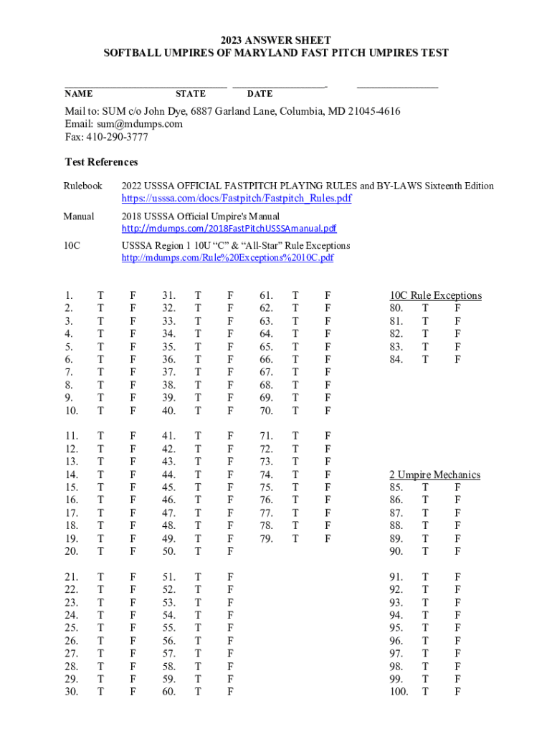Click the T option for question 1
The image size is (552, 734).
pyautogui.click(x=100, y=295)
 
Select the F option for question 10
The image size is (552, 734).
pyautogui.click(x=132, y=411)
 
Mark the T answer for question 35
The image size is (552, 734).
pyautogui.click(x=198, y=346)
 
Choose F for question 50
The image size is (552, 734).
pyautogui.click(x=230, y=551)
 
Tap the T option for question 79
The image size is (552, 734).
pyautogui.click(x=295, y=538)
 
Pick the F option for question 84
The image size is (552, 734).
pyautogui.click(x=458, y=359)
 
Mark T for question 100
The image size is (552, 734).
pyautogui.click(x=426, y=692)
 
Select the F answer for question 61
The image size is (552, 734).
pyautogui.click(x=328, y=295)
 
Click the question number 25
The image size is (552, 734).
pyautogui.click(x=71, y=628)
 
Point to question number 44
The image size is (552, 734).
pyautogui.click(x=169, y=475)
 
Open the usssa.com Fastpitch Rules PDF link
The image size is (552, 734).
pyautogui.click(x=237, y=198)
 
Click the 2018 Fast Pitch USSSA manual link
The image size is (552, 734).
pyautogui.click(x=229, y=228)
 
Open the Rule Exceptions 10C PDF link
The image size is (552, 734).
pyautogui.click(x=227, y=257)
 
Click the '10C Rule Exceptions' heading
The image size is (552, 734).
pyautogui.click(x=436, y=295)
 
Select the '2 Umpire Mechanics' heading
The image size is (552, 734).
pyautogui.click(x=434, y=475)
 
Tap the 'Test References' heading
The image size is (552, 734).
pyautogui.click(x=101, y=162)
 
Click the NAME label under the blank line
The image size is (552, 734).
pyautogui.click(x=78, y=94)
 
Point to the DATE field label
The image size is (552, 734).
pyautogui.click(x=260, y=94)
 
